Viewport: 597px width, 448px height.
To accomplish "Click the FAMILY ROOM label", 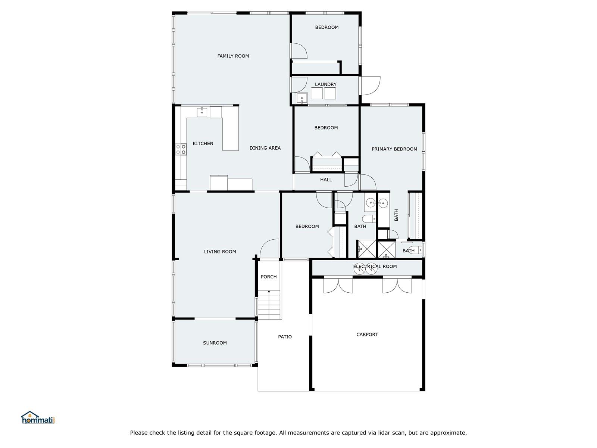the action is tap(233, 56).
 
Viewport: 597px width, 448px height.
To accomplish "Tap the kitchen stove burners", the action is tap(181, 149).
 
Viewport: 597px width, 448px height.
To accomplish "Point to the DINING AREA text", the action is tap(265, 148).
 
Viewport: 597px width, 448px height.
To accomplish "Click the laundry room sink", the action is tap(302, 98).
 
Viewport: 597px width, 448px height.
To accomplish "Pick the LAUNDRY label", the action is tap(326, 84).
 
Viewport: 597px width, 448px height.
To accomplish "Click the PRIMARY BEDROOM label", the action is tap(394, 149).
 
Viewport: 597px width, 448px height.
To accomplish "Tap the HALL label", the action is tap(326, 180).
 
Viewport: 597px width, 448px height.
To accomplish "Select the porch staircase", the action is tap(269, 305).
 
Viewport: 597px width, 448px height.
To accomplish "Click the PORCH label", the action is tap(269, 277).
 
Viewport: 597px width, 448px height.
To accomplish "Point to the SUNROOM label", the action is tap(215, 343).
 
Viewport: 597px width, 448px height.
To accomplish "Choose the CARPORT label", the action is tap(367, 334).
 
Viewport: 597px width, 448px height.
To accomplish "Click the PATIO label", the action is tap(285, 336).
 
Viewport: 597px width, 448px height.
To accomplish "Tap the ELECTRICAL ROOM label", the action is tap(375, 266).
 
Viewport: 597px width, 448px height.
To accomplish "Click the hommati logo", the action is tap(38, 417).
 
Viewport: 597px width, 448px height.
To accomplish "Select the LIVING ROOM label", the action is tap(220, 252).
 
